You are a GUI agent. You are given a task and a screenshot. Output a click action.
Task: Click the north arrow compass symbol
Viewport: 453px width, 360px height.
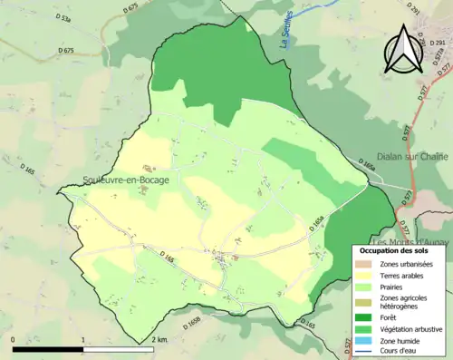(403, 49)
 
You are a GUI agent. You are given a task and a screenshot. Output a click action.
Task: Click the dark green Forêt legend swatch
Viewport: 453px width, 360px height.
(365, 317)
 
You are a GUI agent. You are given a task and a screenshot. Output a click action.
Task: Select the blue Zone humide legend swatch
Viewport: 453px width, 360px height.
(365, 341)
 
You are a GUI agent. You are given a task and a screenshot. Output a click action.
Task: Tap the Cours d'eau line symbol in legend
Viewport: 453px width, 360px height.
(365, 352)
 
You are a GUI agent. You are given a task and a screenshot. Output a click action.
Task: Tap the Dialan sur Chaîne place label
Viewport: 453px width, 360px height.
(402, 157)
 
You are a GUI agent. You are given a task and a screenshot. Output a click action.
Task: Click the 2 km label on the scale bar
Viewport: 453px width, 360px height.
(159, 339)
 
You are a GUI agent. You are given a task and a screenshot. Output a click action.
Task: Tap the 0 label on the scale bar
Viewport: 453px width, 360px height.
(14, 339)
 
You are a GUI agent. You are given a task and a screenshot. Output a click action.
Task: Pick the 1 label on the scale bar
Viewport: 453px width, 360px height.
(83, 339)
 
